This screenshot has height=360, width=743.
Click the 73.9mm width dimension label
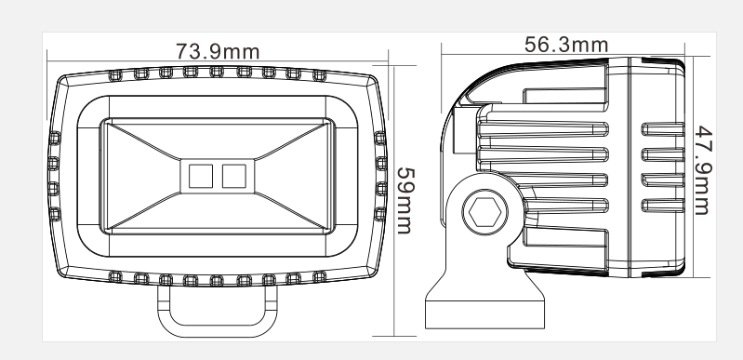[x=218, y=51]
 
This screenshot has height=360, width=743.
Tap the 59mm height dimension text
[x=405, y=201]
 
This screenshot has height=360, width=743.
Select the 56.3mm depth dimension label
[x=566, y=45]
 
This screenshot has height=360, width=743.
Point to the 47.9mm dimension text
[x=704, y=170]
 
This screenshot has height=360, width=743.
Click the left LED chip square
[x=201, y=176]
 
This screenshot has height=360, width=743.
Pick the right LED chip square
[x=234, y=176]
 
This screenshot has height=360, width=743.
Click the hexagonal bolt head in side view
[x=484, y=212]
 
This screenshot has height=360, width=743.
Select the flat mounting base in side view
[x=484, y=313]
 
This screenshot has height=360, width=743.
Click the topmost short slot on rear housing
[x=662, y=129]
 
